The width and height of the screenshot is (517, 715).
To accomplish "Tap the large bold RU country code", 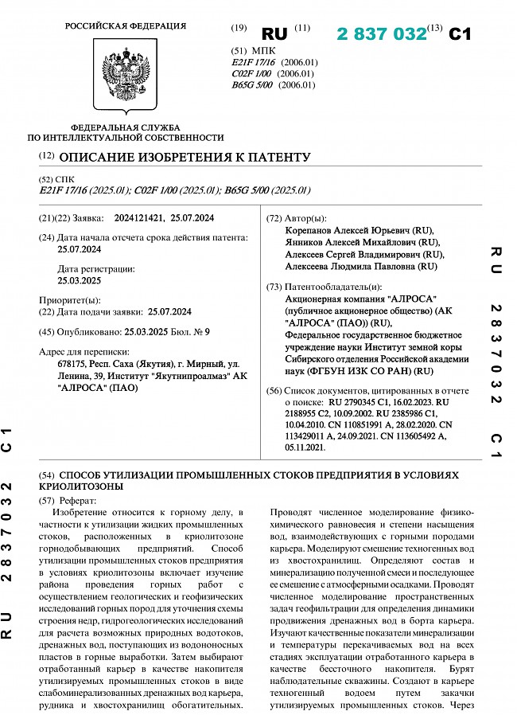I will pyautogui.click(x=274, y=33).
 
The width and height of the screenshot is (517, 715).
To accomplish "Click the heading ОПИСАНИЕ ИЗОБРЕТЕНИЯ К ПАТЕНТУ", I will pyautogui.click(x=185, y=157).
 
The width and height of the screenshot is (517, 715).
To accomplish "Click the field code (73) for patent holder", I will pyautogui.click(x=274, y=286).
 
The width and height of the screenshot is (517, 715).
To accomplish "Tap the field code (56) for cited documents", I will pyautogui.click(x=274, y=391).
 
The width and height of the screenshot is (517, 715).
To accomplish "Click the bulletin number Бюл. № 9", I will pyautogui.click(x=191, y=330).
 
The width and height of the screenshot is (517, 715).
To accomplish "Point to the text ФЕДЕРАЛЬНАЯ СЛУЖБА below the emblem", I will pyautogui.click(x=126, y=127).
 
